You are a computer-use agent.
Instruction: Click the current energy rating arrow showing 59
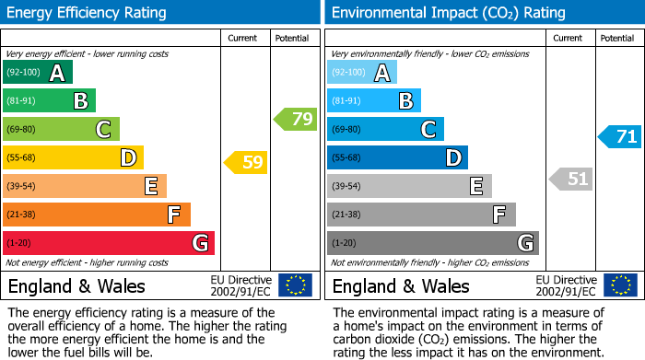(x=245, y=163)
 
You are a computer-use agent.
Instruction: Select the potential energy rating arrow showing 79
(x=295, y=119)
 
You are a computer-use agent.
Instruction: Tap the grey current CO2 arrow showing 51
(x=570, y=179)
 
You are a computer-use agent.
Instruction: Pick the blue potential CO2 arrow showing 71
(x=619, y=137)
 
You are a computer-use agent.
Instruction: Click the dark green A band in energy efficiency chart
(x=37, y=73)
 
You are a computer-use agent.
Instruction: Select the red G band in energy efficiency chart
(x=108, y=243)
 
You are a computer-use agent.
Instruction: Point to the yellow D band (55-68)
(x=73, y=158)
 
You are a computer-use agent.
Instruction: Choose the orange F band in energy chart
(x=96, y=215)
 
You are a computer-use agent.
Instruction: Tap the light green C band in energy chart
(x=61, y=130)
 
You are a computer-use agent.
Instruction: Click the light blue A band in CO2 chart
(x=361, y=73)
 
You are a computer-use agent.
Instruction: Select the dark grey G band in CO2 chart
(x=432, y=243)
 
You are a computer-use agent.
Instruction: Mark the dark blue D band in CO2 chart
(x=397, y=158)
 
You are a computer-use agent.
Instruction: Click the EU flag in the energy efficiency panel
(x=295, y=285)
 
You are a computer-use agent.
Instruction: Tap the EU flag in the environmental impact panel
(x=619, y=285)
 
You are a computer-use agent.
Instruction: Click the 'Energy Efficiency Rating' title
(x=87, y=13)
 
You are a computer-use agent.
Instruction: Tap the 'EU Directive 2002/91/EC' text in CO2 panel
(x=566, y=285)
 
